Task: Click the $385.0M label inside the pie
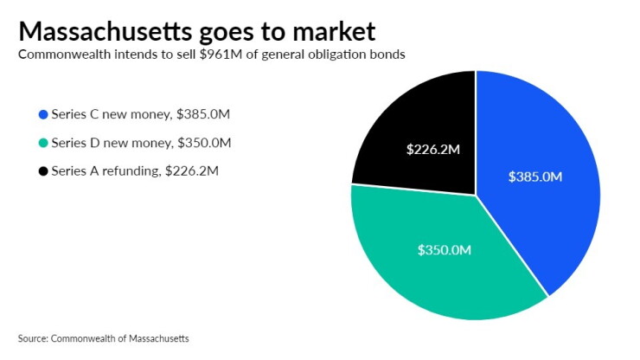click(x=535, y=177)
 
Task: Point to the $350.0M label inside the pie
click(x=444, y=250)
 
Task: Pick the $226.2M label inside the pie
click(x=432, y=150)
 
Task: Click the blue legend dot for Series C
click(x=43, y=115)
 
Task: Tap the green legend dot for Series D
click(x=43, y=143)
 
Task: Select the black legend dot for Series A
click(x=43, y=170)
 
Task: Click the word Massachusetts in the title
click(x=105, y=31)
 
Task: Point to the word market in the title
click(x=334, y=31)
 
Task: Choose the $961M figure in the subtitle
click(x=221, y=55)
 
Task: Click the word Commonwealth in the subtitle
click(x=65, y=55)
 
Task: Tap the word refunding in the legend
click(x=131, y=170)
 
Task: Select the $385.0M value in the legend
click(x=203, y=114)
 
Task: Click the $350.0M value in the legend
click(x=204, y=143)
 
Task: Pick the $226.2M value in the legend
click(x=192, y=170)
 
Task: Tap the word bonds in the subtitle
click(x=391, y=55)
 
